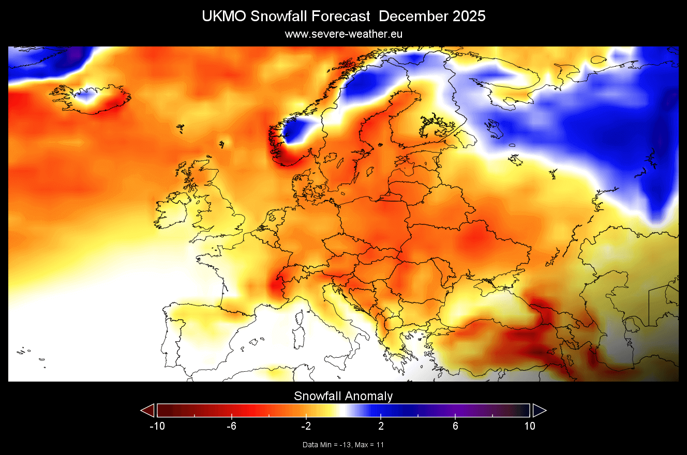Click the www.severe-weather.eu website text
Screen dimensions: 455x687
(x=343, y=34)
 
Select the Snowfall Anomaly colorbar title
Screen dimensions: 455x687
(x=343, y=396)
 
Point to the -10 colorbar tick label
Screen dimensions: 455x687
(x=157, y=426)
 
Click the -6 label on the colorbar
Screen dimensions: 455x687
(x=231, y=426)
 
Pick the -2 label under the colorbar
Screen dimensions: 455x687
(x=306, y=426)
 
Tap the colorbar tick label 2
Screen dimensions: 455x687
(x=381, y=426)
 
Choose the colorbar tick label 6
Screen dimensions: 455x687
(x=455, y=426)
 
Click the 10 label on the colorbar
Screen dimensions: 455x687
(x=530, y=426)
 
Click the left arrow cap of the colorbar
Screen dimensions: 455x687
(x=148, y=410)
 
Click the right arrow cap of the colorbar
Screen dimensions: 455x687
(x=539, y=410)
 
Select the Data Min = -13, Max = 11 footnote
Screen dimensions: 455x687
(x=343, y=445)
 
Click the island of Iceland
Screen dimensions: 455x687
(x=91, y=98)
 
